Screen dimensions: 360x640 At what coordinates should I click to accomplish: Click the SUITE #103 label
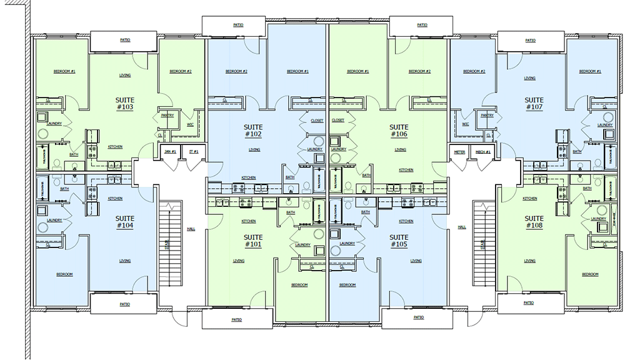(x=124, y=104)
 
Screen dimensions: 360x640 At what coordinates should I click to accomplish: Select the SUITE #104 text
(x=124, y=222)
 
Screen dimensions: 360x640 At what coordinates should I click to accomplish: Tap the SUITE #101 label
(x=253, y=241)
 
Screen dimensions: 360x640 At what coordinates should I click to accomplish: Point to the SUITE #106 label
(x=399, y=131)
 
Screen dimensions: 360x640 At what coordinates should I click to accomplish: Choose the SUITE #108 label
(x=534, y=222)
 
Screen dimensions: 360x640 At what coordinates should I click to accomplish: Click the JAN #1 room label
(x=170, y=152)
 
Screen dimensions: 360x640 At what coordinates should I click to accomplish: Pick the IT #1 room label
(x=194, y=152)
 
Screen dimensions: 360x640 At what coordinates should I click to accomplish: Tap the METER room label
(x=459, y=152)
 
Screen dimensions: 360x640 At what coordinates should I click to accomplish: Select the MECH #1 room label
(x=482, y=152)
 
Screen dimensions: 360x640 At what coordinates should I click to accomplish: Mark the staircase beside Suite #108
(x=482, y=238)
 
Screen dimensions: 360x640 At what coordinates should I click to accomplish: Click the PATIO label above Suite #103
(x=125, y=40)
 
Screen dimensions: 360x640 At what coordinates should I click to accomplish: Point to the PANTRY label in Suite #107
(x=487, y=116)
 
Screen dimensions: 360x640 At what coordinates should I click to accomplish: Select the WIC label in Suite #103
(x=189, y=124)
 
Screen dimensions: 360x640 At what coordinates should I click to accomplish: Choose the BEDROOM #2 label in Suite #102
(x=236, y=71)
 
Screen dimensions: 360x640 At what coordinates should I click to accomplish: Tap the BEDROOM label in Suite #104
(x=64, y=274)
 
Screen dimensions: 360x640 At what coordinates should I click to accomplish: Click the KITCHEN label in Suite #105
(x=406, y=221)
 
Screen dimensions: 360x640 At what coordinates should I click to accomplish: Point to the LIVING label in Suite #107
(x=529, y=78)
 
